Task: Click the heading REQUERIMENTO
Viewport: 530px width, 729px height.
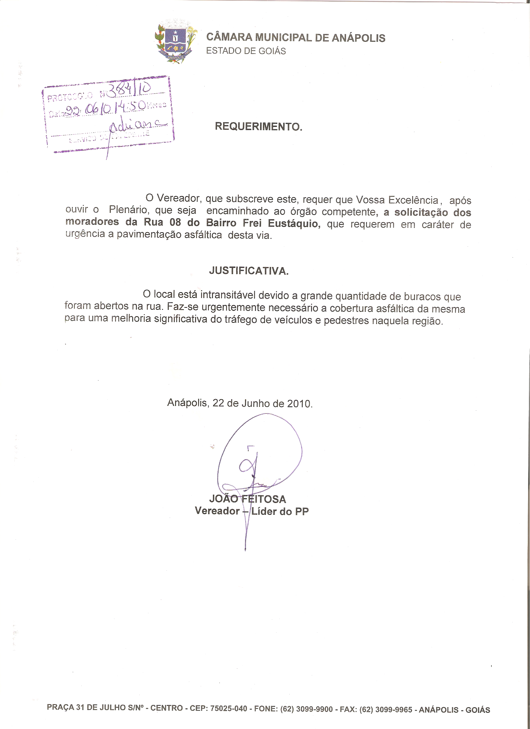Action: pos(258,127)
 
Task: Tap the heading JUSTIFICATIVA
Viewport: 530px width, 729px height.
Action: pos(249,271)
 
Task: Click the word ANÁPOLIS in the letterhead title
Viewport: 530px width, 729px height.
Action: pos(358,38)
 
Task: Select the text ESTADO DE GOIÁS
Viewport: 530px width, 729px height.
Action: pos(246,51)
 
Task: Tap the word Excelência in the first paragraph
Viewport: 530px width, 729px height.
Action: pos(413,200)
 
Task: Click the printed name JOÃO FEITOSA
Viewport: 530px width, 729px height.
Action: pos(248,499)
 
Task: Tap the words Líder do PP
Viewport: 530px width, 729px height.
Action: pos(280,511)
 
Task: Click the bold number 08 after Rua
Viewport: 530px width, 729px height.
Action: pos(175,222)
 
